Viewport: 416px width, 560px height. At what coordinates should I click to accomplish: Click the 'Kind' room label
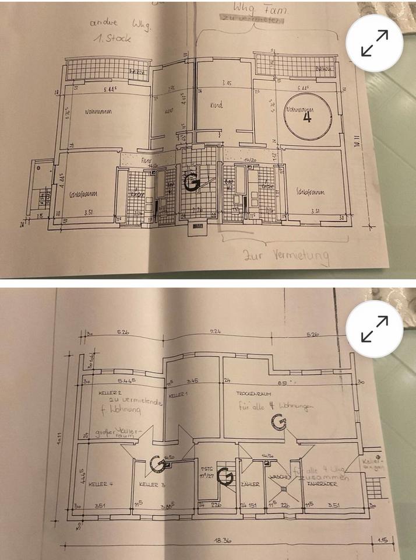click(x=216, y=106)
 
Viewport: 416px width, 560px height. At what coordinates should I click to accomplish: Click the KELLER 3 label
click(x=153, y=485)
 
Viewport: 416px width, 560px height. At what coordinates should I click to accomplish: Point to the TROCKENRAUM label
click(x=252, y=394)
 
